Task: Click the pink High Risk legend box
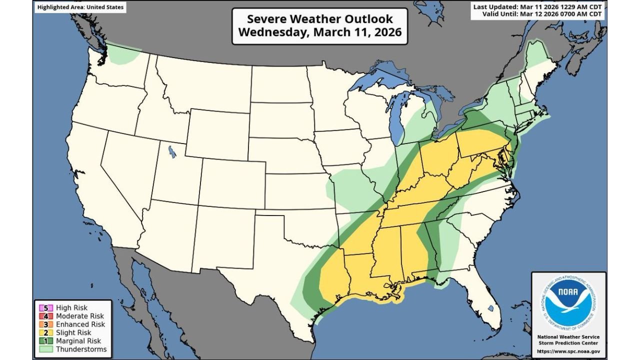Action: (x=48, y=308)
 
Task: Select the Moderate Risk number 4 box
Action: (x=48, y=316)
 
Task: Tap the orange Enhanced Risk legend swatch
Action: (x=48, y=324)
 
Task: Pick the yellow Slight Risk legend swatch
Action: (x=48, y=332)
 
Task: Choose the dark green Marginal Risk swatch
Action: (x=48, y=341)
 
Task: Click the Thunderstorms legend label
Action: (x=81, y=349)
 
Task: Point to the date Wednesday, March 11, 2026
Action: (x=320, y=32)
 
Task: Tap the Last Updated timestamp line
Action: (x=538, y=6)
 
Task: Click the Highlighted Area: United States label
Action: (x=79, y=7)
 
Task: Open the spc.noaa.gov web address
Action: (x=568, y=351)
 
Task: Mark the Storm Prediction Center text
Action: (x=568, y=343)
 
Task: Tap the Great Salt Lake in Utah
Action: (x=172, y=151)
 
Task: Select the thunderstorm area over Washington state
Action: (x=122, y=54)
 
